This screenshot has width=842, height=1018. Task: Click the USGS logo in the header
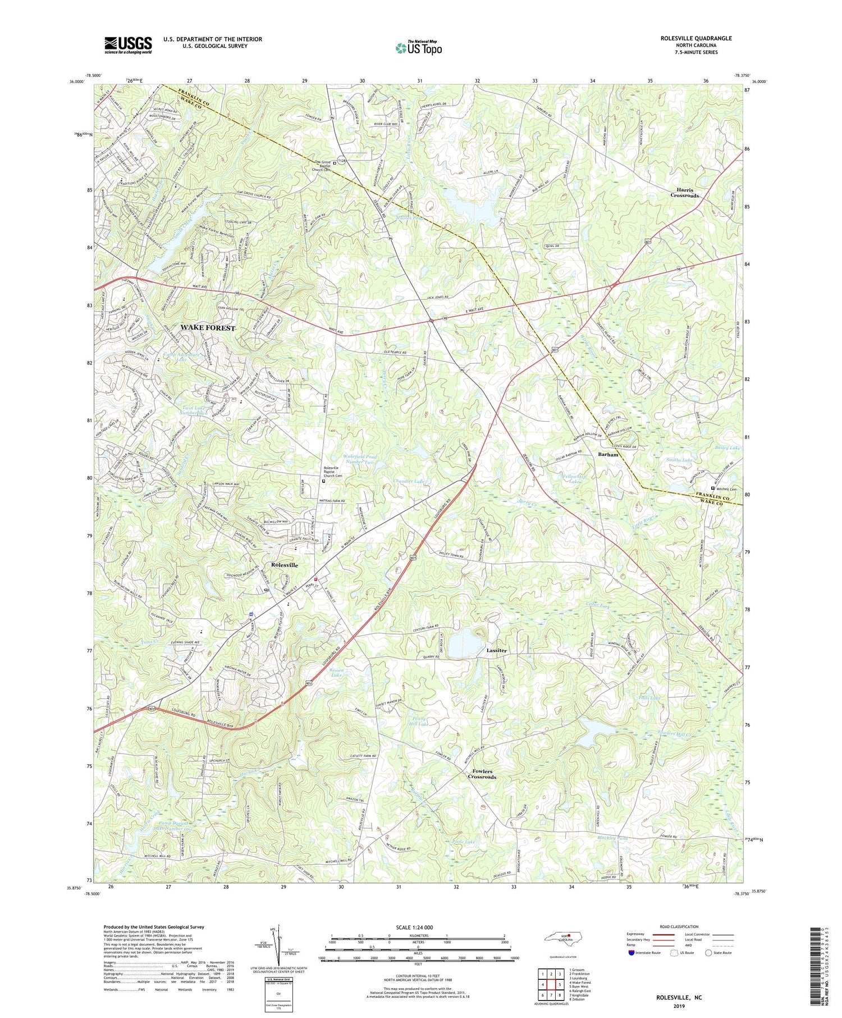point(128,45)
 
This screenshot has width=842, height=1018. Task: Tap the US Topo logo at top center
point(418,48)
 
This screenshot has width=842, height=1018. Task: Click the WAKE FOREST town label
point(208,327)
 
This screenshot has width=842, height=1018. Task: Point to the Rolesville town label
point(285,565)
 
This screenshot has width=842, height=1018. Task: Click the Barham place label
point(608,454)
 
